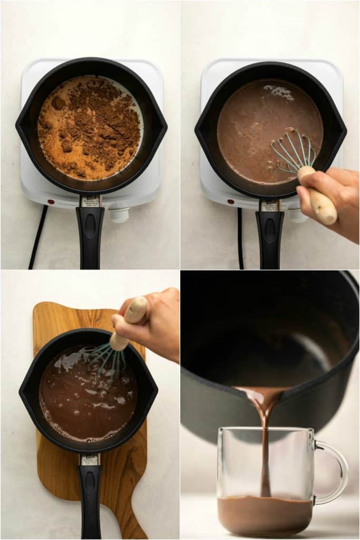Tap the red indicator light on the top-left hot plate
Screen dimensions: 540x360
[51, 201]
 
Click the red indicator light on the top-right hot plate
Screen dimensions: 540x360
[231, 201]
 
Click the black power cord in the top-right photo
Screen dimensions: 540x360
[240, 237]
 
